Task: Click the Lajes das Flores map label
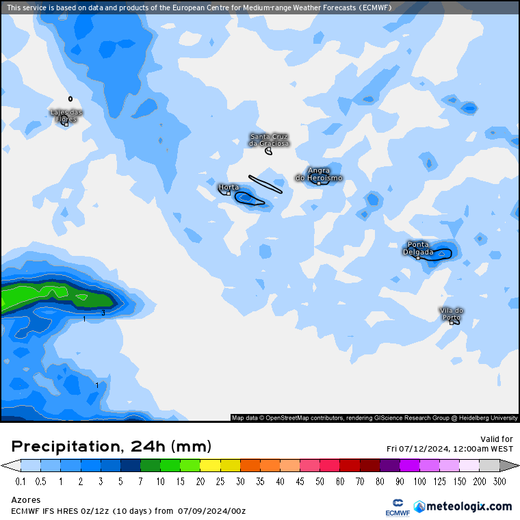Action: tap(66, 116)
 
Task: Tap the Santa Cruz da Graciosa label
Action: tap(269, 140)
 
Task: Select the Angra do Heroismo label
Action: tap(319, 174)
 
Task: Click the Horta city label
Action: tap(229, 187)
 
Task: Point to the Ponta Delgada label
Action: tap(418, 248)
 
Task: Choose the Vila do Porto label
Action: tap(452, 313)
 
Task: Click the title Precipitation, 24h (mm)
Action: tap(112, 447)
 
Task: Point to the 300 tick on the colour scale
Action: tap(500, 481)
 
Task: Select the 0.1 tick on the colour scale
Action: tap(21, 481)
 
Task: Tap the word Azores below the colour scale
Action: tap(26, 500)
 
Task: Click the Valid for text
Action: tap(497, 439)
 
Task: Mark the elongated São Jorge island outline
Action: tap(265, 184)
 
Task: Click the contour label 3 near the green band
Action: tap(103, 313)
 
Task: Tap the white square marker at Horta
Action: tap(229, 193)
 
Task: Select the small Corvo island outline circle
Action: tap(70, 99)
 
